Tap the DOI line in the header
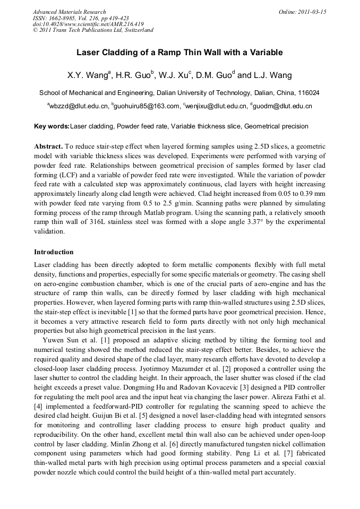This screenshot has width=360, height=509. coord(88,24)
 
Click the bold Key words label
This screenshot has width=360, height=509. coord(52,126)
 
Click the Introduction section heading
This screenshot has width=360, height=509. coord(54,252)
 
